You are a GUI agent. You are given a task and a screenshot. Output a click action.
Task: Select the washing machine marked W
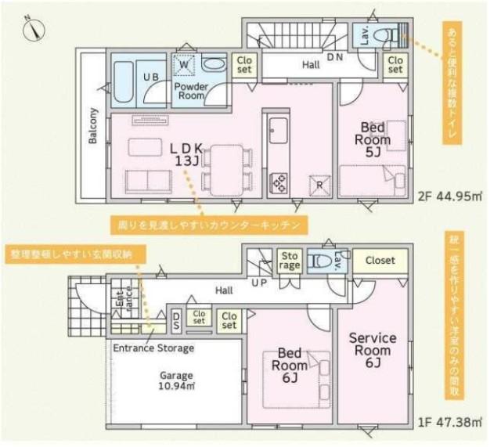click(x=185, y=67)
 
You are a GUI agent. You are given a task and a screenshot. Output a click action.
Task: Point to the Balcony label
click(x=93, y=126)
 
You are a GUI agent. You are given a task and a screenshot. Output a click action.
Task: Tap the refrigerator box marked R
click(x=319, y=183)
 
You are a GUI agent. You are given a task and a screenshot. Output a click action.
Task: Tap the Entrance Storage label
click(x=152, y=348)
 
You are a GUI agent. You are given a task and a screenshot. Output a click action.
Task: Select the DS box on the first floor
click(x=178, y=319)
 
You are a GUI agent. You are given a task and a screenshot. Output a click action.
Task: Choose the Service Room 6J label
click(x=373, y=350)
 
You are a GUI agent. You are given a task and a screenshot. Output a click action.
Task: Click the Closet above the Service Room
click(x=380, y=261)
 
